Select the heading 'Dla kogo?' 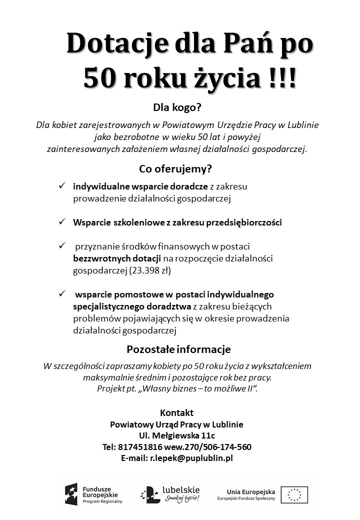click(x=180, y=107)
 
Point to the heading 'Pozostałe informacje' click(x=178, y=349)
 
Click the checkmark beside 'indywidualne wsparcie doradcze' click(x=62, y=186)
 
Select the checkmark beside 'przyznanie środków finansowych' click(x=62, y=246)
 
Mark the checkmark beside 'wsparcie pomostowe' click(x=62, y=293)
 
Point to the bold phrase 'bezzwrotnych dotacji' click(x=116, y=258)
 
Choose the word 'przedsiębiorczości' click(x=244, y=222)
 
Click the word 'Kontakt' click(x=176, y=413)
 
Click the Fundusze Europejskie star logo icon click(x=70, y=494)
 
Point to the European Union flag click(x=294, y=494)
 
